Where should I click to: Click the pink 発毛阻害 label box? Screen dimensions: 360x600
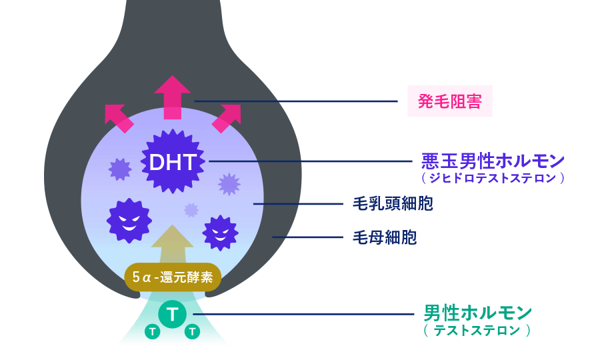click(x=450, y=101)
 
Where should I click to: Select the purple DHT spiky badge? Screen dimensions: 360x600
click(x=172, y=161)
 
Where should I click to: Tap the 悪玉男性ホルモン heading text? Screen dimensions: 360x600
click(x=493, y=161)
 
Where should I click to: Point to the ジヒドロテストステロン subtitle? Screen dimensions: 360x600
click(x=493, y=178)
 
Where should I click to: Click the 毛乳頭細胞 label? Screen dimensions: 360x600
click(x=392, y=203)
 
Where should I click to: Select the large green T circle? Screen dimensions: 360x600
click(x=173, y=314)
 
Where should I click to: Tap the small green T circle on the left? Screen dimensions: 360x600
click(x=153, y=331)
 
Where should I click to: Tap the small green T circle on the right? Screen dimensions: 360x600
click(x=192, y=331)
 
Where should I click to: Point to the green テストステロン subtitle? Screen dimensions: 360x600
click(x=477, y=329)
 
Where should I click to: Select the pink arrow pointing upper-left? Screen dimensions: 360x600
click(x=117, y=117)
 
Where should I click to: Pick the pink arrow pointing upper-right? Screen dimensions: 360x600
click(x=227, y=117)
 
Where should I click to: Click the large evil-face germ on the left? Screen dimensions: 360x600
click(x=129, y=219)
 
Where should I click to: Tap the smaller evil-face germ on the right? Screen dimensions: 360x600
click(x=220, y=232)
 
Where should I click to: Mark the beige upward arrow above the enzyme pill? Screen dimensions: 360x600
click(x=172, y=245)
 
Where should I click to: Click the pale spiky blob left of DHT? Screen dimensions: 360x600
click(x=120, y=169)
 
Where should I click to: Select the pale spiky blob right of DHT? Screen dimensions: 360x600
click(x=229, y=184)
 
